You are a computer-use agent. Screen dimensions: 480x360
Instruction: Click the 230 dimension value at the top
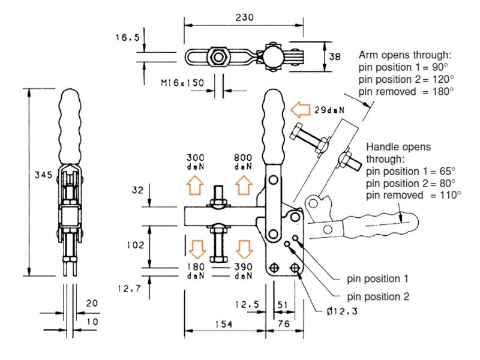pos(245,17)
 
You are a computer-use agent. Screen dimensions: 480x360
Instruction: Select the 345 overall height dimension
pos(43,175)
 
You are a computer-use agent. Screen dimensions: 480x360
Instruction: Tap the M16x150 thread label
pos(182,83)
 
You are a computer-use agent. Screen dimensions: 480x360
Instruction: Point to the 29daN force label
pos(329,110)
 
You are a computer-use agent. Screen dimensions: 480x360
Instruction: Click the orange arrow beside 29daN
pos(301,110)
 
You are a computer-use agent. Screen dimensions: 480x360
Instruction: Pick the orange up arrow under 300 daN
pos(195,185)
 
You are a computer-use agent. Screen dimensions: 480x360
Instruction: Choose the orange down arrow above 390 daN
pos(244,250)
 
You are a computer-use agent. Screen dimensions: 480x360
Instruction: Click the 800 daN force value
pos(243,162)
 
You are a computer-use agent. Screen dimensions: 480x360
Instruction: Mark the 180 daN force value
pos(196,271)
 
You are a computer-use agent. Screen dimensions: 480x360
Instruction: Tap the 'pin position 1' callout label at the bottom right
pos(377,279)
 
